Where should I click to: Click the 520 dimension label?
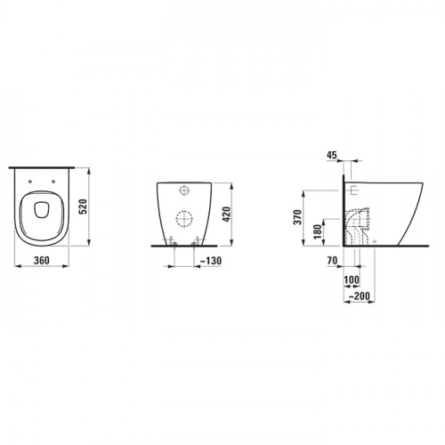[84, 206]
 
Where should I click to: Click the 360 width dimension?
[42, 261]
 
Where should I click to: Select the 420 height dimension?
[226, 214]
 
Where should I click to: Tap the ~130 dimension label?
[210, 261]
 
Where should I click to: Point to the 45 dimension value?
[332, 155]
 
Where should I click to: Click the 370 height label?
[297, 217]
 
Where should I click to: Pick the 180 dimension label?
[318, 231]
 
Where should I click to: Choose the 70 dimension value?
[332, 261]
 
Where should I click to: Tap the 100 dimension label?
[352, 279]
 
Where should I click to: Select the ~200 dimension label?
[359, 295]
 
